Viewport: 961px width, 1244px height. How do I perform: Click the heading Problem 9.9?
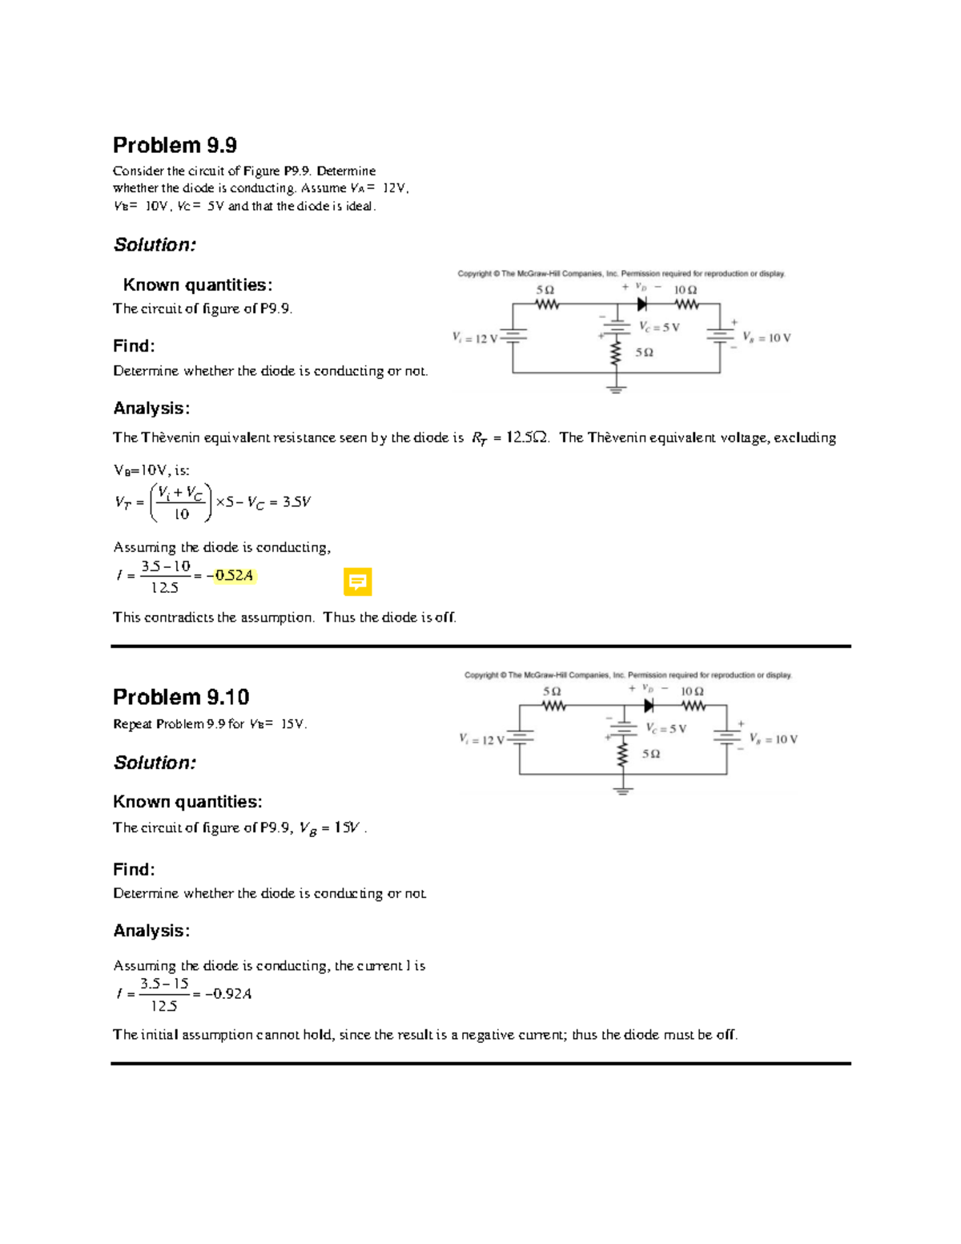point(175,146)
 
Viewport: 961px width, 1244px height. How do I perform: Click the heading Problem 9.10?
point(181,697)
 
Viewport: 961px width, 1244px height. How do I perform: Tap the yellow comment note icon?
point(357,582)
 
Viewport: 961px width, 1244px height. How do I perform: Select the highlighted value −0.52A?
point(233,576)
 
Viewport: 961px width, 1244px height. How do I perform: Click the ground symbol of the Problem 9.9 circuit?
point(616,389)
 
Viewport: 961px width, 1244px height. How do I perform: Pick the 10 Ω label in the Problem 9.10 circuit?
point(692,691)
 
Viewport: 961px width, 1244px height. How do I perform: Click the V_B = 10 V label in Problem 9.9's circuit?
point(766,338)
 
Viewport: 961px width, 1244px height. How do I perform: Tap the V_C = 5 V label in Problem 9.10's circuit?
point(666,729)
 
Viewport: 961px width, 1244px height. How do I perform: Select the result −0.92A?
point(228,994)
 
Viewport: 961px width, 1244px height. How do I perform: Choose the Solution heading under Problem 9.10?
point(155,763)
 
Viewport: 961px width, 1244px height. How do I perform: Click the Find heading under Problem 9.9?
point(134,346)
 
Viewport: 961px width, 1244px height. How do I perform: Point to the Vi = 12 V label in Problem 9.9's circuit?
point(475,338)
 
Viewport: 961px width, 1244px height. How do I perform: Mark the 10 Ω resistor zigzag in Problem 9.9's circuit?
point(687,304)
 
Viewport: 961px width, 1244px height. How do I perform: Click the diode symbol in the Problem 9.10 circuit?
point(649,706)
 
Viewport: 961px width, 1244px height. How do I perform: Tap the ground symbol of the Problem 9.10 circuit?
point(623,791)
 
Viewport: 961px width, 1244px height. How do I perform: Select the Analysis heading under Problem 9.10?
point(151,931)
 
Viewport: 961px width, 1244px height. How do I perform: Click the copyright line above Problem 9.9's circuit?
point(621,274)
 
